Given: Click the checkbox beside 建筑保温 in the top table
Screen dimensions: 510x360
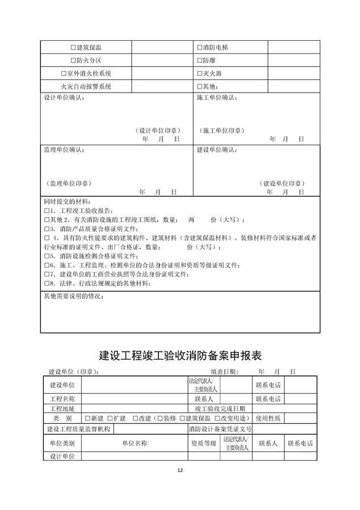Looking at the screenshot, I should tap(73, 47).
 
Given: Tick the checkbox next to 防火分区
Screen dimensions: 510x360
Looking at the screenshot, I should tap(73, 60).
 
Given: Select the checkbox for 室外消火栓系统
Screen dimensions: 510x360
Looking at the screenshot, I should tap(63, 74).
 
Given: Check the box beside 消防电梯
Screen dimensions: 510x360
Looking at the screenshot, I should tap(199, 47).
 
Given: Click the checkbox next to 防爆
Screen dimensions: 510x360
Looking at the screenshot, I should tap(199, 60).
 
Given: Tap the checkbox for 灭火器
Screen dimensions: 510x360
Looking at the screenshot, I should tap(199, 74).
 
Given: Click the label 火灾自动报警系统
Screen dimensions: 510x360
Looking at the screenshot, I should tap(86, 87).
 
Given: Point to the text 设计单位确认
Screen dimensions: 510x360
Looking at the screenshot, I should tap(64, 98).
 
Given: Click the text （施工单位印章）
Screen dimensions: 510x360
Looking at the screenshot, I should tap(222, 131).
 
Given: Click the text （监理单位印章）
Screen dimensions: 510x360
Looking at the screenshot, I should tap(70, 183).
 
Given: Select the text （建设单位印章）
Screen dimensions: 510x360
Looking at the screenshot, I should tap(282, 183).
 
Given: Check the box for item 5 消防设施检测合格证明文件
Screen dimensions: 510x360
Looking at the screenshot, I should tap(47, 256).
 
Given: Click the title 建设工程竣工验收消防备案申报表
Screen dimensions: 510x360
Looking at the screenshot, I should tap(180, 356).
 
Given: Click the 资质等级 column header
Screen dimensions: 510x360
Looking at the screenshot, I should tap(203, 443).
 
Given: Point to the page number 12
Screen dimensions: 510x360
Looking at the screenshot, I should tap(180, 470).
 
